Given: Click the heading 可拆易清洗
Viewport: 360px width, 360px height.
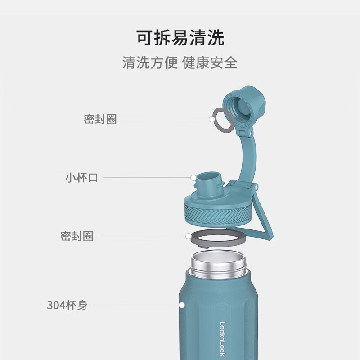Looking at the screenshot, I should (x=180, y=38).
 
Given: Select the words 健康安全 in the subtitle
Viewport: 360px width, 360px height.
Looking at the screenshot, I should (x=210, y=63).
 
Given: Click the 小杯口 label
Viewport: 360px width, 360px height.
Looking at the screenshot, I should (x=81, y=178).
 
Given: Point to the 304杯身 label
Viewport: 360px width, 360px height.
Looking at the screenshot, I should (x=67, y=305).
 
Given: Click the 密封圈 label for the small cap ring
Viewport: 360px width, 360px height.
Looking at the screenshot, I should (x=100, y=119).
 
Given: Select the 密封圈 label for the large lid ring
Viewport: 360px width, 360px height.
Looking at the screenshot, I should (x=77, y=236).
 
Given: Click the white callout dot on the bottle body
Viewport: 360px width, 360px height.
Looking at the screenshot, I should (x=182, y=305).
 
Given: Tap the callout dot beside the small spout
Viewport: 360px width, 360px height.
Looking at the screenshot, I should (x=193, y=178).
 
